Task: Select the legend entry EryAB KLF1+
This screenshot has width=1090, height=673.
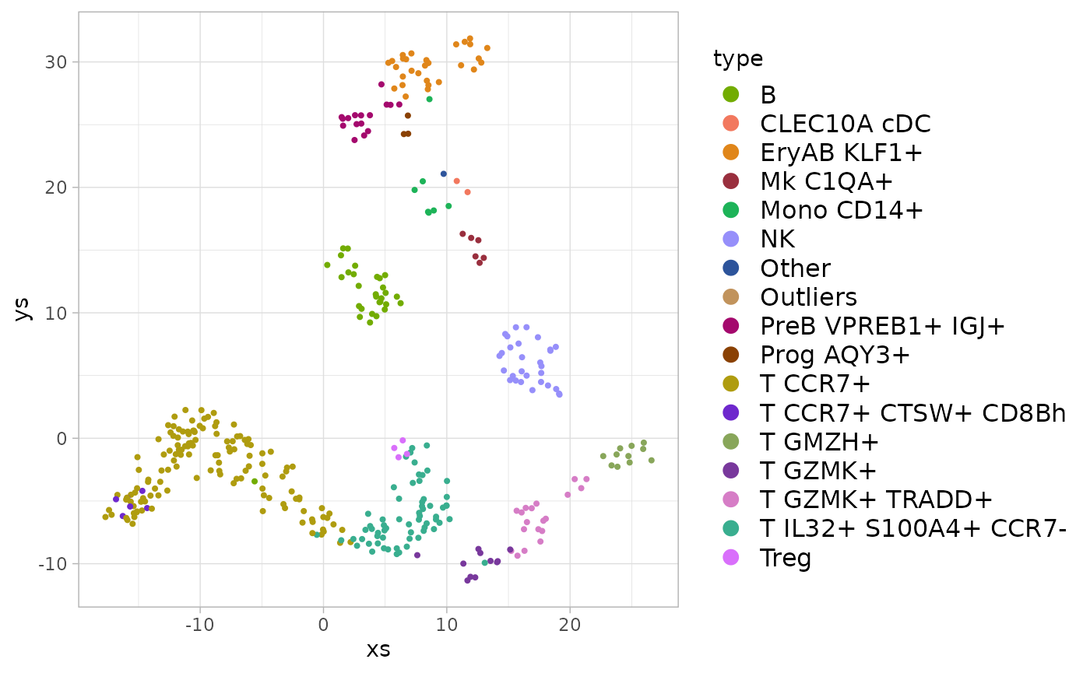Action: click(841, 152)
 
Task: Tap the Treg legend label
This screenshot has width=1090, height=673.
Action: click(786, 558)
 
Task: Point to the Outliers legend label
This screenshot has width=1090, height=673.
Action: click(808, 297)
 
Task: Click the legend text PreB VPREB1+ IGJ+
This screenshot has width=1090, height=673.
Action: click(882, 326)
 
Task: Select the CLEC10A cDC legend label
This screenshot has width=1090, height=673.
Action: click(846, 124)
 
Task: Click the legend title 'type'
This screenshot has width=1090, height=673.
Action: click(737, 58)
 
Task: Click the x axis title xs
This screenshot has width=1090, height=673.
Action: click(378, 650)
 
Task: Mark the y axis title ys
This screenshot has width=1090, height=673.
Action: click(23, 309)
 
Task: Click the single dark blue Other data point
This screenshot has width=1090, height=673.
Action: click(444, 174)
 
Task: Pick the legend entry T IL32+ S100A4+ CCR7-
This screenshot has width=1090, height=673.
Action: click(912, 529)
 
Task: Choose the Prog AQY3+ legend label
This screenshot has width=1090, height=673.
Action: click(835, 355)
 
